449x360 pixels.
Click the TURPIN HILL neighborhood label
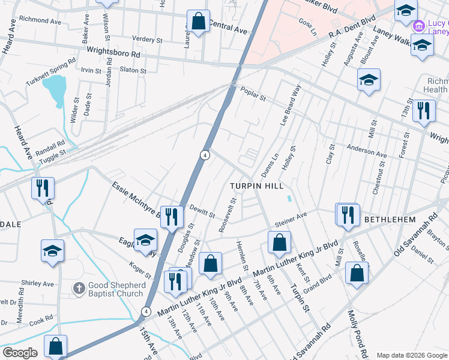tap(257, 187)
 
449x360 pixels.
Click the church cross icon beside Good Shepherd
tap(79, 289)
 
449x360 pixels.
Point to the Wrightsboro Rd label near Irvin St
tap(113, 53)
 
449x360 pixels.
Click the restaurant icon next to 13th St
tap(424, 111)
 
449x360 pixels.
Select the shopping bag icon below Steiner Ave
tap(279, 243)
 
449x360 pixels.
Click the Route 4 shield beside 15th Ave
tap(146, 311)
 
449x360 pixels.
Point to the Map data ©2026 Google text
tap(411, 355)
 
